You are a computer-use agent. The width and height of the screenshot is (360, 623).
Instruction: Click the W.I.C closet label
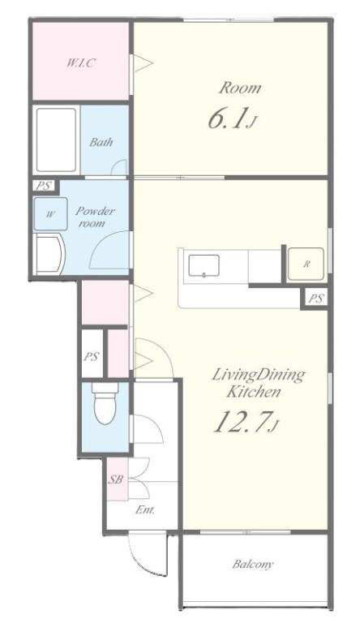pyautogui.click(x=81, y=62)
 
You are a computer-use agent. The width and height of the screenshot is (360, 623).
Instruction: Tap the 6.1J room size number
pyautogui.click(x=231, y=118)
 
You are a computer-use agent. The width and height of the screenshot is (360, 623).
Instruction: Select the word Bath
pyautogui.click(x=101, y=142)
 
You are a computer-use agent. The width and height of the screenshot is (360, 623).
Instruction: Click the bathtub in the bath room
pyautogui.click(x=56, y=140)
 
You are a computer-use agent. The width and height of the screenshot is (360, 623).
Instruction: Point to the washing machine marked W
pyautogui.click(x=50, y=214)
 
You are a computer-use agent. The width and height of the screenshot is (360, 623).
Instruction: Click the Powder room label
pyautogui.click(x=95, y=217)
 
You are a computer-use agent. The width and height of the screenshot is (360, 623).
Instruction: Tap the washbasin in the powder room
pyautogui.click(x=49, y=254)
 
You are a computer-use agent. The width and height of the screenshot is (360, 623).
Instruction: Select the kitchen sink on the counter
pyautogui.click(x=204, y=265)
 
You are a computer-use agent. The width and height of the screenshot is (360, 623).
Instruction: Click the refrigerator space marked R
pyautogui.click(x=306, y=264)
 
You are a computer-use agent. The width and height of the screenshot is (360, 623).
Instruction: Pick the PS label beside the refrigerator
pyautogui.click(x=316, y=298)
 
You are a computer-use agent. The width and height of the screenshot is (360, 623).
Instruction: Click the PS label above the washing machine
pyautogui.click(x=44, y=186)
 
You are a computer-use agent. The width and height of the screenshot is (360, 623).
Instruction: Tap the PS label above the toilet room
pyautogui.click(x=91, y=356)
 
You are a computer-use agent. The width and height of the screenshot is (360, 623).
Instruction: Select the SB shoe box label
pyautogui.click(x=116, y=479)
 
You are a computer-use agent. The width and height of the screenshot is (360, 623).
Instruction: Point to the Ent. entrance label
pyautogui.click(x=144, y=509)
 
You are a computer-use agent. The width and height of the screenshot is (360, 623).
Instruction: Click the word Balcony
pyautogui.click(x=253, y=564)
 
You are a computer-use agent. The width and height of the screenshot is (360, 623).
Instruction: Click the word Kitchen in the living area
pyautogui.click(x=254, y=392)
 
